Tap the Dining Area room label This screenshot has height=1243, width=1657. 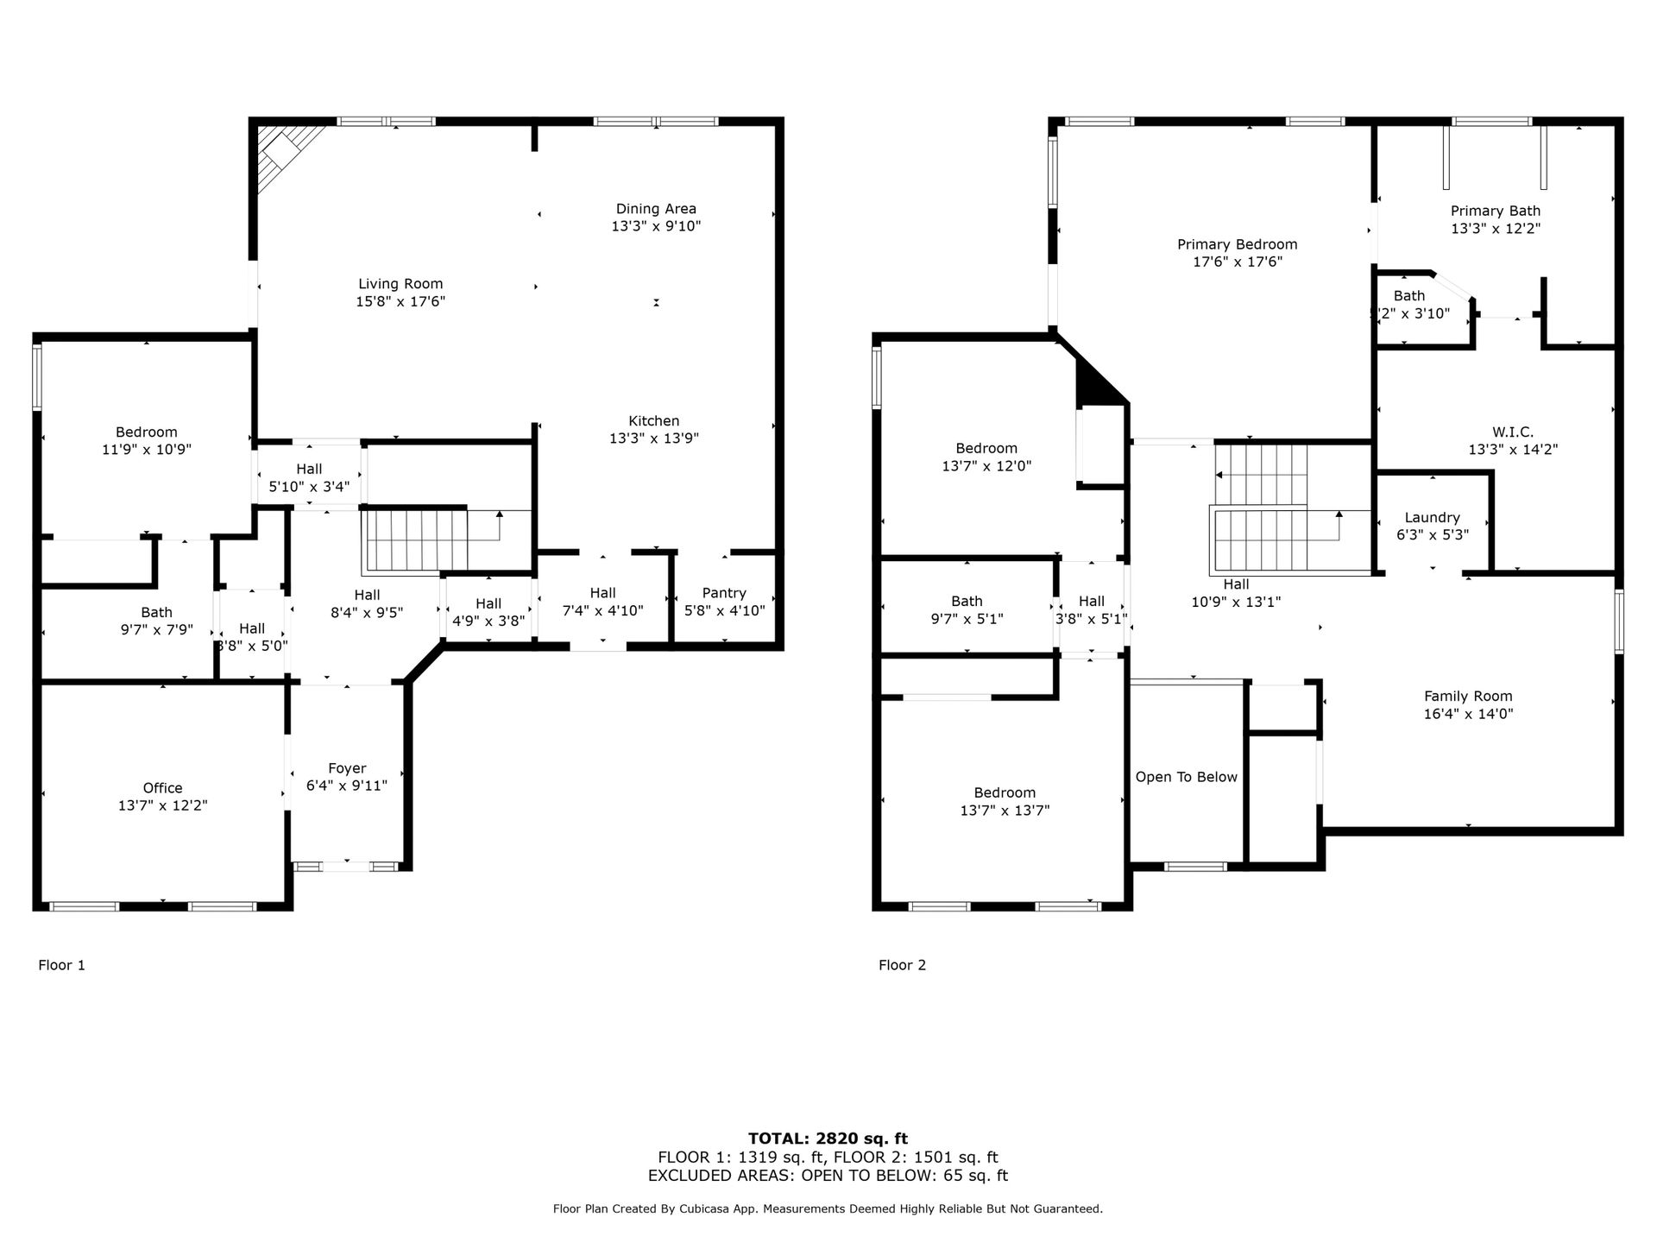[656, 209]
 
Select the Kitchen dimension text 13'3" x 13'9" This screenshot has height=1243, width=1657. [654, 439]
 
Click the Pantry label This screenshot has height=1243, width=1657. [724, 593]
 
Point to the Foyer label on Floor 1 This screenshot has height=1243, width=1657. [347, 768]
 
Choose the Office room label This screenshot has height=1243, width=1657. [163, 788]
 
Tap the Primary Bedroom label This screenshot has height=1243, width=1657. [1238, 244]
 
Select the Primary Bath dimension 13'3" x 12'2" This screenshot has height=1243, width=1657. [1496, 229]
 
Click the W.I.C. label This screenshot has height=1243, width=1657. [1513, 432]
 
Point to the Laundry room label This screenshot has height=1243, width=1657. [1433, 518]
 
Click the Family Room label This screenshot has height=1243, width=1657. [1468, 697]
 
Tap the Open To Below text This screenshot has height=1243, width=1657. [1187, 777]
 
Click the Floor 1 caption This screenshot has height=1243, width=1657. [62, 965]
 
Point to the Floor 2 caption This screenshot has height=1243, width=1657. [903, 965]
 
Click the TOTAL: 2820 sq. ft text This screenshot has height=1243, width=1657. [828, 1139]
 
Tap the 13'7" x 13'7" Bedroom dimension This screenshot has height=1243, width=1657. [1005, 811]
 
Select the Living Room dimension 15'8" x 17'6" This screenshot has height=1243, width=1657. [400, 302]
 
